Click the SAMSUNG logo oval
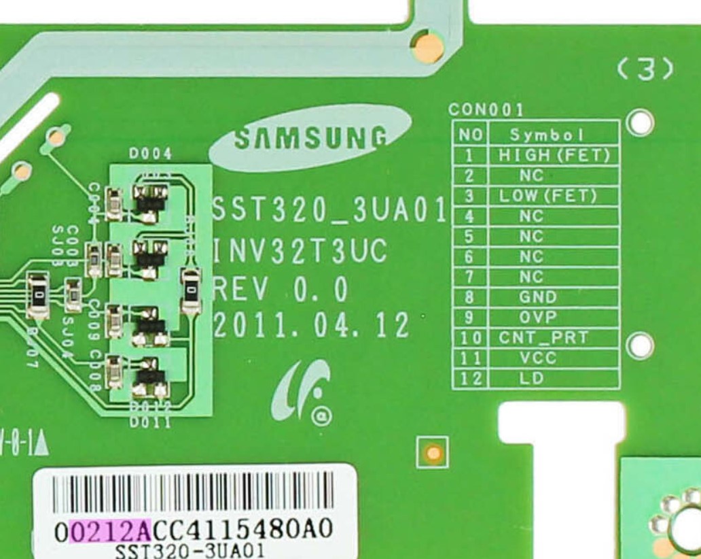(310, 138)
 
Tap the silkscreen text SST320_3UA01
(329, 210)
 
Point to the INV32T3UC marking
(300, 252)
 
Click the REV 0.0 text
(281, 290)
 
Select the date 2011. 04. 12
(312, 326)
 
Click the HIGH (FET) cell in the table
(554, 155)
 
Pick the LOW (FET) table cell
(548, 197)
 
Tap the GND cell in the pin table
(538, 297)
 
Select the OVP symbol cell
(538, 318)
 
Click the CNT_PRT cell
(543, 338)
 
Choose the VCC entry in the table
(538, 358)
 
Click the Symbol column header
(547, 135)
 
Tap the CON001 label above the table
(486, 109)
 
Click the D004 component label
(150, 154)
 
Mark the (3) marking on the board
(646, 69)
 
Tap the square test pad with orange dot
(432, 452)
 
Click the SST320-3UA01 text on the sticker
(190, 549)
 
